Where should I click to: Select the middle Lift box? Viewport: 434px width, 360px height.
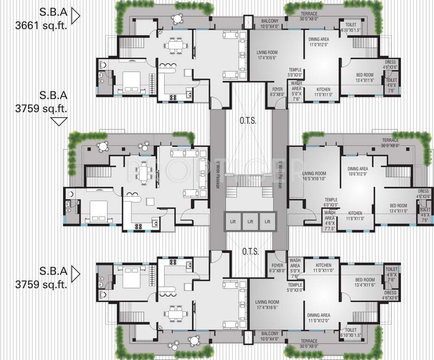pos(250,221)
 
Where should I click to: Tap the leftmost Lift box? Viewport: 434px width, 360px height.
pos(233,221)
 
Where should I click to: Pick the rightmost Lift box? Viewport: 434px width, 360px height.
pos(267,221)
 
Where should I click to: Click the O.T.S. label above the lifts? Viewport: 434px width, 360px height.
pos(249,121)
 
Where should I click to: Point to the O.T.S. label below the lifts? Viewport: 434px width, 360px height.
pos(249,252)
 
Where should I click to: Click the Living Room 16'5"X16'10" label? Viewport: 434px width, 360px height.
pos(314,176)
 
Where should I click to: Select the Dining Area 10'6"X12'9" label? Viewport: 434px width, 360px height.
pos(358,172)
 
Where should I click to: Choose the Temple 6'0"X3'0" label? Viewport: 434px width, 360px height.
pos(331,202)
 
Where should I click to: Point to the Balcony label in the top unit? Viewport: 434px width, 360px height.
pos(270,23)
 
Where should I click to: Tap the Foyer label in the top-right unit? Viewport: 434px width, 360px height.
pos(277,91)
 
